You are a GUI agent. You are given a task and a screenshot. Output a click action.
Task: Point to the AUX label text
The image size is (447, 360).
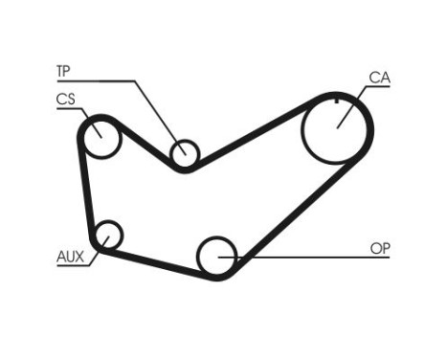click(x=70, y=256)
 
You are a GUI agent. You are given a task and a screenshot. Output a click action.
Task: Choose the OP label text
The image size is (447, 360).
click(x=380, y=249)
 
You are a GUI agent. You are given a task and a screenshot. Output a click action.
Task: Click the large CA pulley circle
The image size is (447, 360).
click(x=337, y=129)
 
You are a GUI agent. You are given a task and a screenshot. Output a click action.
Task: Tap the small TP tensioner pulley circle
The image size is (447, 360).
click(x=184, y=154)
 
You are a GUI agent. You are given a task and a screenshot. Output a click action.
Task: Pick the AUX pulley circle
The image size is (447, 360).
click(x=109, y=235)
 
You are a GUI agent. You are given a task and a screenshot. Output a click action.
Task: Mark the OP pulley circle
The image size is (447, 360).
click(x=217, y=257)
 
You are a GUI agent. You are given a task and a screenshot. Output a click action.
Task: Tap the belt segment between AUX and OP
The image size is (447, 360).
click(x=158, y=259)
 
